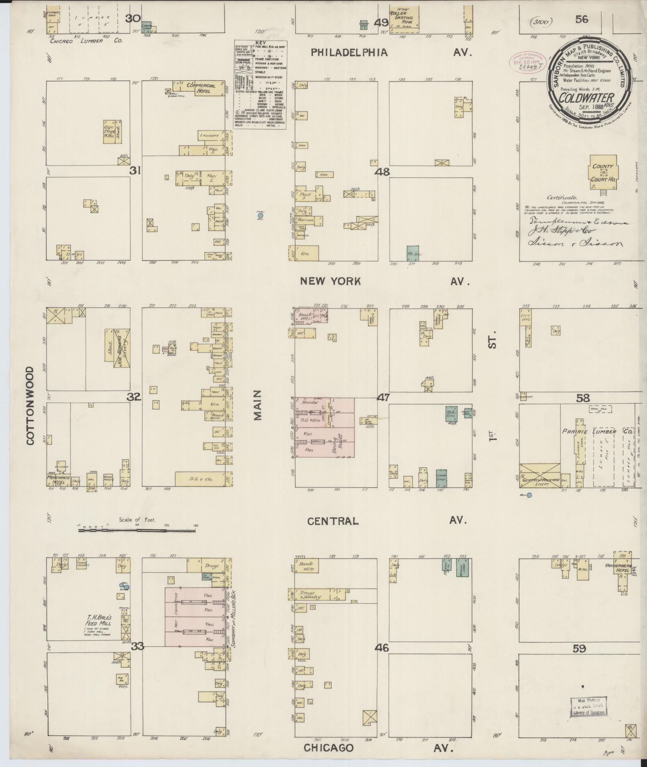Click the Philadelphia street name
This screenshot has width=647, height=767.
349,53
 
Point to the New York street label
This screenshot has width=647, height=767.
331,281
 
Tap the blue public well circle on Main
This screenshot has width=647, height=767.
260,216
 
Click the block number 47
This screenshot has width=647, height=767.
383,397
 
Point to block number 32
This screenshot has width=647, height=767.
134,397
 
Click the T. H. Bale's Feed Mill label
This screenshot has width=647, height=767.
95,620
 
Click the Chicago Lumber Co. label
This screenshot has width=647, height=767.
86,40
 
